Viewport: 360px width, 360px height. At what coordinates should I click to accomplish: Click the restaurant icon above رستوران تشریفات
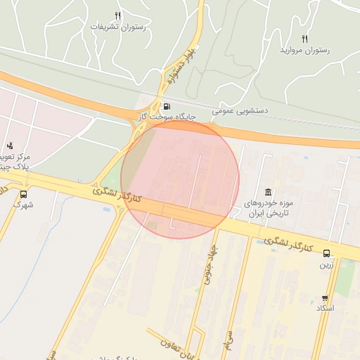tap(117, 15)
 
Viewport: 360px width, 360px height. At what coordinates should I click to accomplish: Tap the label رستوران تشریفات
tap(117, 27)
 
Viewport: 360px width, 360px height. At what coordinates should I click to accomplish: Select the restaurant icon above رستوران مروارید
tap(304, 39)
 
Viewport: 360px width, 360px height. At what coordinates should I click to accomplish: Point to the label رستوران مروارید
tap(304, 51)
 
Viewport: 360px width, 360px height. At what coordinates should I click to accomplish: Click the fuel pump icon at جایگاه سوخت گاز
tap(167, 107)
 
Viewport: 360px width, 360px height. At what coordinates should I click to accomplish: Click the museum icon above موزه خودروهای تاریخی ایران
tap(269, 193)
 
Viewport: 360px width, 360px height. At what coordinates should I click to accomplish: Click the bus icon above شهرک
tap(24, 195)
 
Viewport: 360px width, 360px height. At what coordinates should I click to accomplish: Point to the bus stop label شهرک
tap(24, 205)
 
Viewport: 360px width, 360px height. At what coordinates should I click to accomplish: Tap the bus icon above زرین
tap(326, 254)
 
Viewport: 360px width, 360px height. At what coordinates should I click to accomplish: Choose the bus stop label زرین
tap(326, 265)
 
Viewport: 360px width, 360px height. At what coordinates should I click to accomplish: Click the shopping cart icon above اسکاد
tap(325, 298)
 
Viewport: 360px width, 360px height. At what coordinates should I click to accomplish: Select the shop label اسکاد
tap(325, 309)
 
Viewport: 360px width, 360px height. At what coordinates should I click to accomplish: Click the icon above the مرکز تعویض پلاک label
tap(10, 146)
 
